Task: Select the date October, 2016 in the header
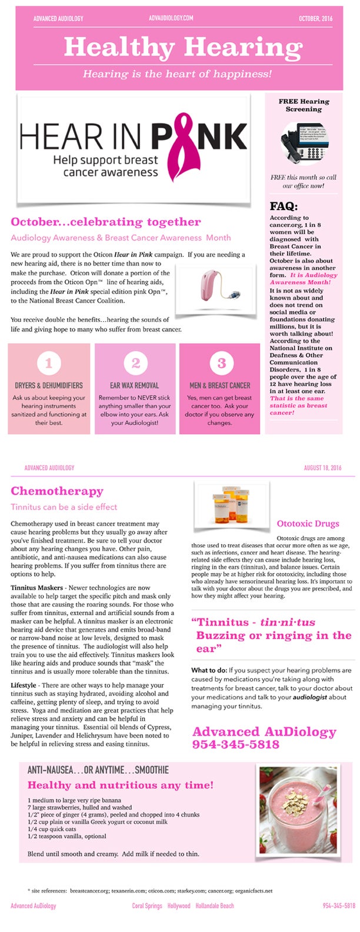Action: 315,19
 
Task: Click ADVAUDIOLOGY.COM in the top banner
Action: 171,19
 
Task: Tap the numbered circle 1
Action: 49,363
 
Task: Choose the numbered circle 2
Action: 135,363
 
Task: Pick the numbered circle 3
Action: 221,363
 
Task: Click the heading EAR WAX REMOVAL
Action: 135,385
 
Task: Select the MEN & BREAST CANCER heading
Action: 220,385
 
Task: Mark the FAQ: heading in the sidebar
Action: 284,207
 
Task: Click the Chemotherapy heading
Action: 56,491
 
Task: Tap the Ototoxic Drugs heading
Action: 308,524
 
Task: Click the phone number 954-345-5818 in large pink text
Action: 236,744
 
